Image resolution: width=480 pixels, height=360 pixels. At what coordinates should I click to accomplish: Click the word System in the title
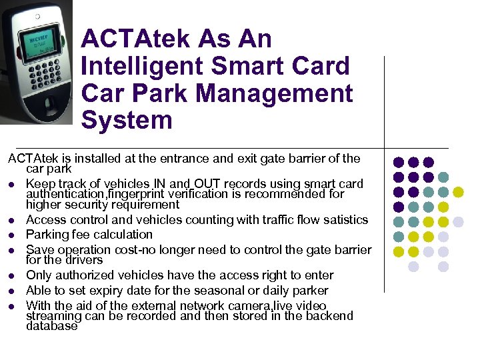[x=127, y=121]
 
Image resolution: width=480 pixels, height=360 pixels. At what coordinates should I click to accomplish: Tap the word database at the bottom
[x=51, y=326]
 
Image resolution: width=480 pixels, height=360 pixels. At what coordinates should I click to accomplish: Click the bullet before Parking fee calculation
[x=12, y=235]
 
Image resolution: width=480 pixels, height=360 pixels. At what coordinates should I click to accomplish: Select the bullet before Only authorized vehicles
[x=12, y=276]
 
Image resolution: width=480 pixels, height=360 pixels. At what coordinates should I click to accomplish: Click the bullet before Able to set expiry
[x=12, y=291]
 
